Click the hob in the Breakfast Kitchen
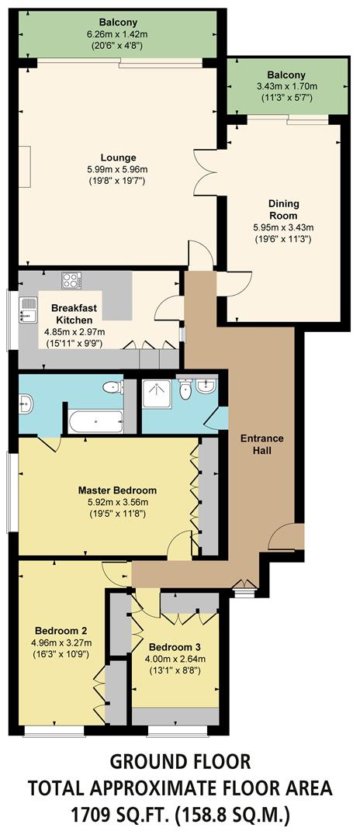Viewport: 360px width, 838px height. pos(72,280)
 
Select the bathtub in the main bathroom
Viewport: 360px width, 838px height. pos(95,423)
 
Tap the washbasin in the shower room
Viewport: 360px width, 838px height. pos(206,386)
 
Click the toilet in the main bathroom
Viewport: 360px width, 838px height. pos(113,386)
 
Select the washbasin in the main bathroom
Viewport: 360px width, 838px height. pos(25,402)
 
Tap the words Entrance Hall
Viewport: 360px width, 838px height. pos(261,445)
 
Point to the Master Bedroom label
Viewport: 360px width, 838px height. pos(117,490)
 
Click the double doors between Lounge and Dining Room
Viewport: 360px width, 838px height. pos(205,168)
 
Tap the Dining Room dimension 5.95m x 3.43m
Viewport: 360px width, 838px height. pos(283,227)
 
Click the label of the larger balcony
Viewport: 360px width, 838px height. pos(118,22)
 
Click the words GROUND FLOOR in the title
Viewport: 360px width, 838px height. pos(180,760)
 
